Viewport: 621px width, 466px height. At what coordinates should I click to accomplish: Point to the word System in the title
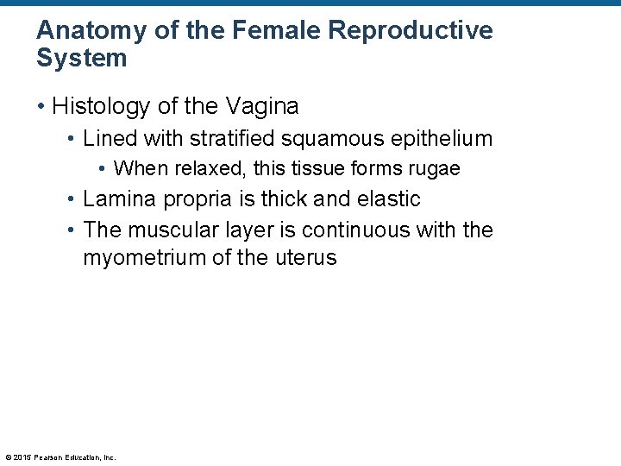pyautogui.click(x=82, y=59)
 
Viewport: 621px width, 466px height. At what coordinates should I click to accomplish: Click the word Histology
pyautogui.click(x=97, y=107)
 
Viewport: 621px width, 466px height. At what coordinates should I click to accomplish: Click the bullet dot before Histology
pyautogui.click(x=41, y=107)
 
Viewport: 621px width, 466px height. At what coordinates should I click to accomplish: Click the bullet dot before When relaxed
pyautogui.click(x=103, y=168)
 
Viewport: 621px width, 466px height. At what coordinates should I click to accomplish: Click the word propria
pyautogui.click(x=191, y=200)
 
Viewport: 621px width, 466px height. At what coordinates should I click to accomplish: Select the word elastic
pyautogui.click(x=388, y=198)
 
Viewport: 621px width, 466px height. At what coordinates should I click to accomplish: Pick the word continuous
pyautogui.click(x=342, y=230)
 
